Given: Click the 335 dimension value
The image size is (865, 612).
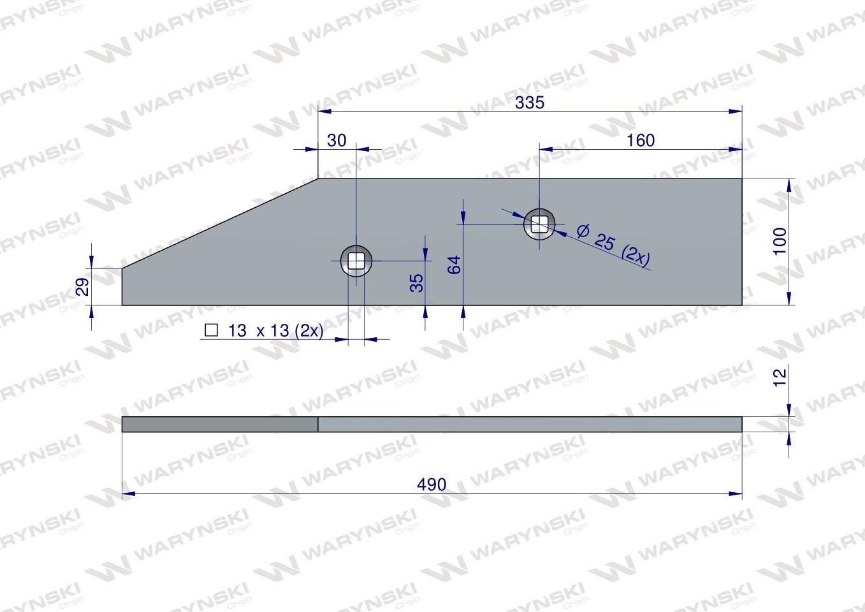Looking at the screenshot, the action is coord(530,103).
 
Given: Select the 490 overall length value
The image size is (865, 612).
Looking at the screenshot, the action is coord(432,484).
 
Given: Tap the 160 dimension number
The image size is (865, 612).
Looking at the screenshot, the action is coord(640,140).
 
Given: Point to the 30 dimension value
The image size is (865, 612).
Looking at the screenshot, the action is coord(337,140).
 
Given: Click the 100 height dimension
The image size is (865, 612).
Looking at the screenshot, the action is coord(780,241).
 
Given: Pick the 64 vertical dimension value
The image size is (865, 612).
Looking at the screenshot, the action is coord(454,265).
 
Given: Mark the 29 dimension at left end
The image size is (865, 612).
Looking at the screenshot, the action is coord(82,286).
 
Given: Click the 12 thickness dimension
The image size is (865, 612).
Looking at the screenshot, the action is coord(780,377).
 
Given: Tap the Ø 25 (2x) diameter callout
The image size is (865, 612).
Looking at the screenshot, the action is coord(614,245).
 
